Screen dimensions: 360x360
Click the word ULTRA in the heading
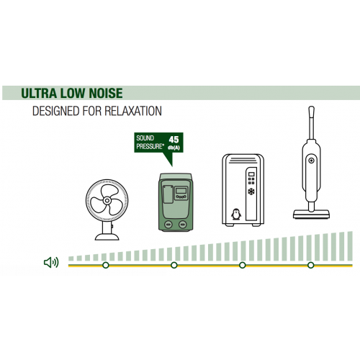[39, 93]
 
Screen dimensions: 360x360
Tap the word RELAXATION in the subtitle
[133, 111]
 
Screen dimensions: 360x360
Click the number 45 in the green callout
[174, 140]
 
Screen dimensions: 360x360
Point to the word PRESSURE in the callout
[149, 146]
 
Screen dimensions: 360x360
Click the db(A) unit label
[174, 148]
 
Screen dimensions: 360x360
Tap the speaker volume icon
[51, 262]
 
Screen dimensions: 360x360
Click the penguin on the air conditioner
[236, 215]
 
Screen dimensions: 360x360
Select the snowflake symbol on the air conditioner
[251, 192]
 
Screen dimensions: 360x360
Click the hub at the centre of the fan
[107, 200]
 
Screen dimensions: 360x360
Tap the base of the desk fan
[107, 237]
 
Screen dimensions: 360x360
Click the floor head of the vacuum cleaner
[311, 214]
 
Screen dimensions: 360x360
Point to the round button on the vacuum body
[311, 161]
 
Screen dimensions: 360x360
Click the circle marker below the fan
[106, 265]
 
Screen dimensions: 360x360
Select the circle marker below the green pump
[174, 265]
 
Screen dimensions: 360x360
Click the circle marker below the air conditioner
[243, 265]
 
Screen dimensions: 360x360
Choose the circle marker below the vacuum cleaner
[311, 265]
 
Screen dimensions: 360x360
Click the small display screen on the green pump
[181, 191]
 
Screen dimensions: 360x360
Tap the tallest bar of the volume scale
[350, 246]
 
